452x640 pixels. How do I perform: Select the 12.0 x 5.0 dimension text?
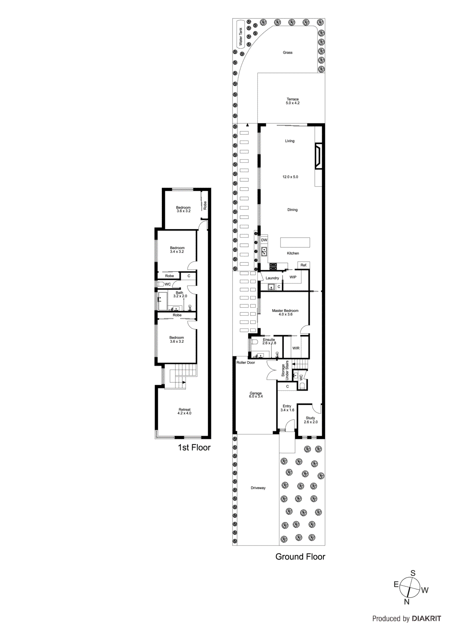pyautogui.click(x=290, y=177)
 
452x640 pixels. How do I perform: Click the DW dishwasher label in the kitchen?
pyautogui.click(x=264, y=240)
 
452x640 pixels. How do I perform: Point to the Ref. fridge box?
pyautogui.click(x=304, y=265)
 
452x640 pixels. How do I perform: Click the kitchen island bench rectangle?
pyautogui.click(x=295, y=242)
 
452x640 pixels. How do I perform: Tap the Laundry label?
pyautogui.click(x=272, y=278)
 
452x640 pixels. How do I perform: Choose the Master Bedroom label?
pyautogui.click(x=285, y=311)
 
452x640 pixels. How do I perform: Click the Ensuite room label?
pyautogui.click(x=269, y=340)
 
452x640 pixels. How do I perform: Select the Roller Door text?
pyautogui.click(x=245, y=362)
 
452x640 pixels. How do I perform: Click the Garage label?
pyautogui.click(x=256, y=394)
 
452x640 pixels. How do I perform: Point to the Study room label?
pyautogui.click(x=311, y=418)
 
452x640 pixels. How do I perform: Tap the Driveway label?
pyautogui.click(x=258, y=488)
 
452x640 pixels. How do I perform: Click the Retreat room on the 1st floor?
pyautogui.click(x=185, y=410)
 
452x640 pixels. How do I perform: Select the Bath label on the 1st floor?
pyautogui.click(x=179, y=293)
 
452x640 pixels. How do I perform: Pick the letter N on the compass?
pyautogui.click(x=407, y=602)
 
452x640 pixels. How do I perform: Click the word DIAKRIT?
pyautogui.click(x=426, y=618)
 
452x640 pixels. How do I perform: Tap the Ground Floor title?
pyautogui.click(x=300, y=557)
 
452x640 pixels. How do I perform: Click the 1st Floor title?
pyautogui.click(x=194, y=448)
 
